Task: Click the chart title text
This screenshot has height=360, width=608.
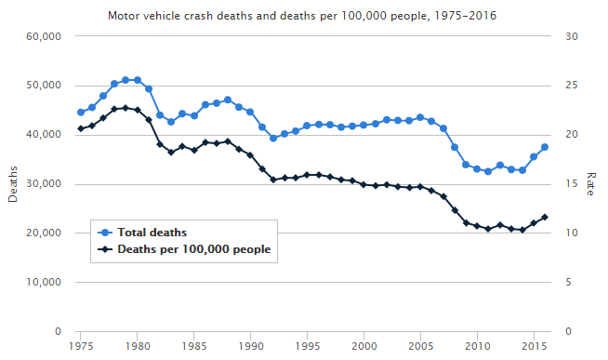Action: [x=303, y=16]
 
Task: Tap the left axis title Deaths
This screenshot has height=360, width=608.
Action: [x=13, y=184]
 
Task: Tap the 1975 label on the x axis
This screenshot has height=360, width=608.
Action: [x=81, y=346]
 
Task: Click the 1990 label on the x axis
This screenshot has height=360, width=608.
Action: [x=250, y=346]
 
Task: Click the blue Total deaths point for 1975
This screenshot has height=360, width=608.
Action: [x=81, y=113]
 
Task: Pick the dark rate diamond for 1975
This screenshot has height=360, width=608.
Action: [x=81, y=128]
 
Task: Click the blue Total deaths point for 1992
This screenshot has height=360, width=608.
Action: [x=273, y=138]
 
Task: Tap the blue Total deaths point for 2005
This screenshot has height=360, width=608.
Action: [x=420, y=117]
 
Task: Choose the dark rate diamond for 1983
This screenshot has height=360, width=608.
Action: [x=171, y=153]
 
